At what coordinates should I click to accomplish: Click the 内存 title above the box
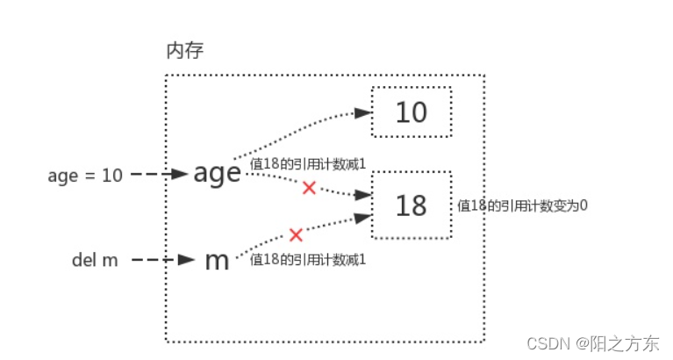(185, 51)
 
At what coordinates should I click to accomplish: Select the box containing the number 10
(412, 112)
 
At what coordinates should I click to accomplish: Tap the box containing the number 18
(412, 205)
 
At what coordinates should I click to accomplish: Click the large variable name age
(217, 173)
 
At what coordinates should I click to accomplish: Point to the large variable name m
(216, 260)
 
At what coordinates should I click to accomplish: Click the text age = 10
(85, 175)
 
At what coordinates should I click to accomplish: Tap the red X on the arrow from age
(308, 187)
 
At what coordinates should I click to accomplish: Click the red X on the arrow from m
(296, 234)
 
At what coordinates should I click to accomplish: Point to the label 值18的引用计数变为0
(522, 206)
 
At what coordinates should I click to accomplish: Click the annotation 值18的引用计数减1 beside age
(307, 163)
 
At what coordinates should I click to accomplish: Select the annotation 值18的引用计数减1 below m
(307, 260)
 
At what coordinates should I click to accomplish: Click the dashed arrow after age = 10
(158, 175)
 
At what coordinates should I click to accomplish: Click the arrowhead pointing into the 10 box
(361, 112)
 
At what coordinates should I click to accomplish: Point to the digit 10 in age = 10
(112, 175)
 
